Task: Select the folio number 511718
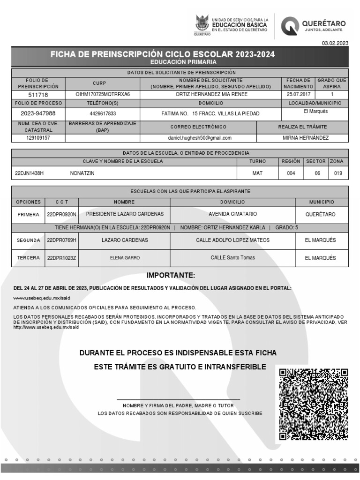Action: tap(38, 95)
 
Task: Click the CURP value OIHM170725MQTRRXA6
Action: tap(103, 94)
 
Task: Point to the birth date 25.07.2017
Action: tap(300, 94)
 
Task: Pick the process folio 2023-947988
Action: tap(38, 113)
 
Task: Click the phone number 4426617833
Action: tap(103, 114)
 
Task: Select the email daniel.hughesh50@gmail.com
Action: tap(200, 138)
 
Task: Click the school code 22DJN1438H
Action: tap(29, 173)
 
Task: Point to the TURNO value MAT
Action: tap(257, 173)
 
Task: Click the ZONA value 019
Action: tap(338, 173)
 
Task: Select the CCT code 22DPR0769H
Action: tap(61, 240)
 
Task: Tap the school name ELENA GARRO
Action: tap(125, 258)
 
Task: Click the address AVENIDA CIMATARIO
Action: tap(232, 214)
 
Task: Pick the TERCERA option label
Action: tap(29, 258)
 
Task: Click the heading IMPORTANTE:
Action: tap(171, 275)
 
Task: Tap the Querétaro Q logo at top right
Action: tap(290, 26)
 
